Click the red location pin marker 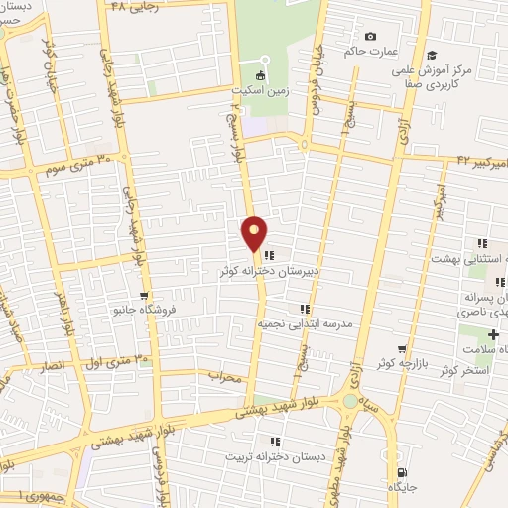pyautogui.click(x=255, y=234)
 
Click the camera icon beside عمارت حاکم pyautogui.click(x=371, y=37)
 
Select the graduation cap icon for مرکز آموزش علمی pyautogui.click(x=432, y=56)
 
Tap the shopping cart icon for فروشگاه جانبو pyautogui.click(x=144, y=295)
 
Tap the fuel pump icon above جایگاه pyautogui.click(x=402, y=445)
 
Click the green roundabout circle pyautogui.click(x=349, y=401)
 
